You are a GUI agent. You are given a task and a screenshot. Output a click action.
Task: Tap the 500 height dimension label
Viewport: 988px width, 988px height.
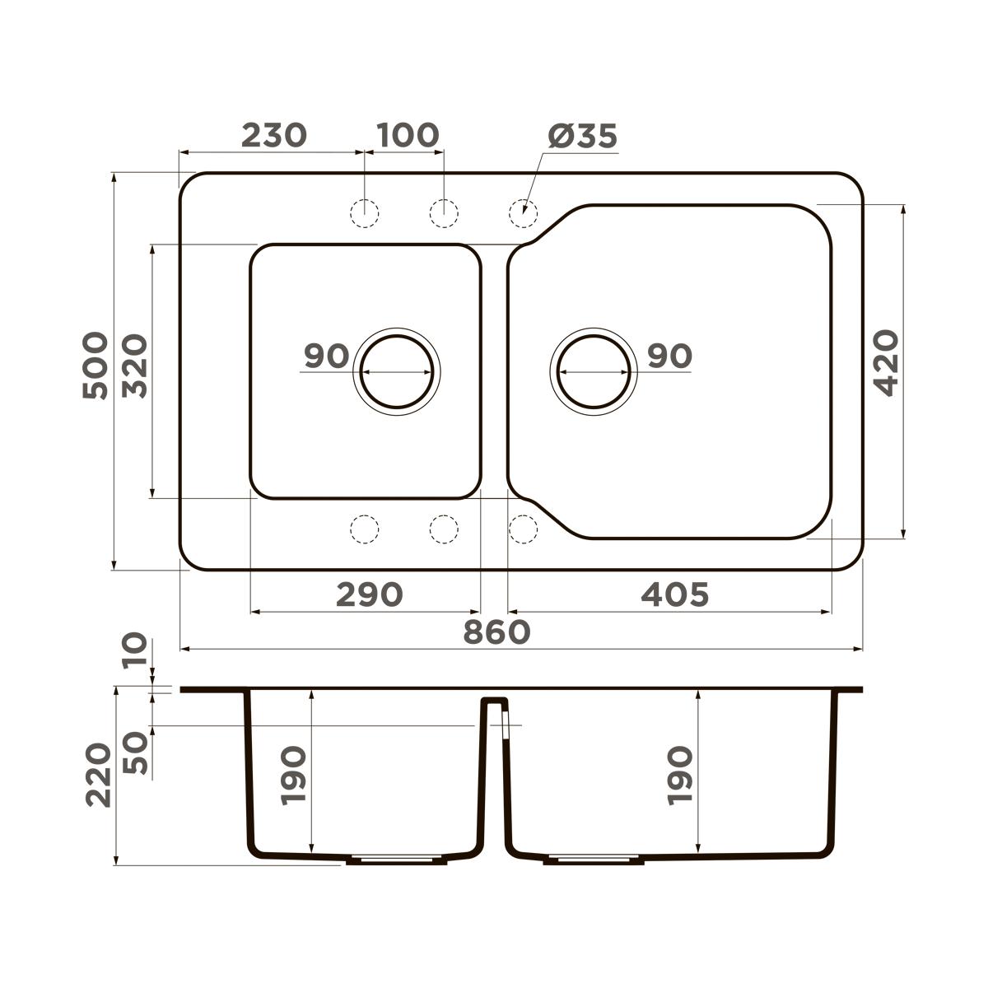point(96,366)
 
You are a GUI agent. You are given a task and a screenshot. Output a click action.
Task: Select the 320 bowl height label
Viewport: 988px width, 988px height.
point(135,366)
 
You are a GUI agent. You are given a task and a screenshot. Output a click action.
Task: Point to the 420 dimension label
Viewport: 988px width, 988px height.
point(885,362)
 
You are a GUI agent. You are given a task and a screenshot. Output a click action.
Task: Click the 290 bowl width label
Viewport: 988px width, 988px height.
point(369,594)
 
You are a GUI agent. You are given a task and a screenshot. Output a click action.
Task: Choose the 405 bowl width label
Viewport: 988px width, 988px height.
point(675,594)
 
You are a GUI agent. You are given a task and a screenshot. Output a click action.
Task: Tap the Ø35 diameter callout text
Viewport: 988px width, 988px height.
point(583,136)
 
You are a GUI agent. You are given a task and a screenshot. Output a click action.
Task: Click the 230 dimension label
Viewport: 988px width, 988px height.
point(274,135)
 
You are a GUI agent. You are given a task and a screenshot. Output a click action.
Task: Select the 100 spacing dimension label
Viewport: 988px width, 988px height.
point(408,135)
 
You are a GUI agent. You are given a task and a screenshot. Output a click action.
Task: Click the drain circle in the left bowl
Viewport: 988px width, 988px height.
point(397,336)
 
